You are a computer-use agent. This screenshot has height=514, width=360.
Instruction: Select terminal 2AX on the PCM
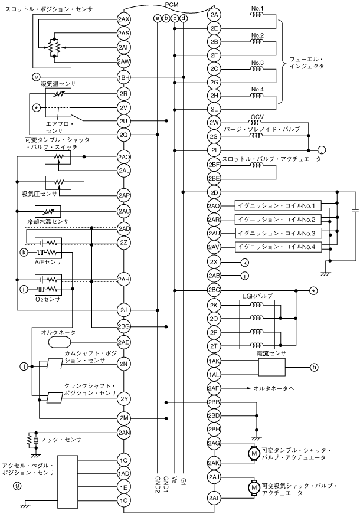123,19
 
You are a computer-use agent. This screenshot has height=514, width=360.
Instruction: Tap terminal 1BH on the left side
123,77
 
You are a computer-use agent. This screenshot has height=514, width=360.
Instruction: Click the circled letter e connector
36,77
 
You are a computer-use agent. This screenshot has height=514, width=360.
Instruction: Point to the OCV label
256,116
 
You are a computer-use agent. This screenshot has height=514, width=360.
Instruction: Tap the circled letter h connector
314,367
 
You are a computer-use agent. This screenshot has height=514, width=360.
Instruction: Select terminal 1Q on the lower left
123,460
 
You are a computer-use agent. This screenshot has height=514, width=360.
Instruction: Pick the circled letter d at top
184,18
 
